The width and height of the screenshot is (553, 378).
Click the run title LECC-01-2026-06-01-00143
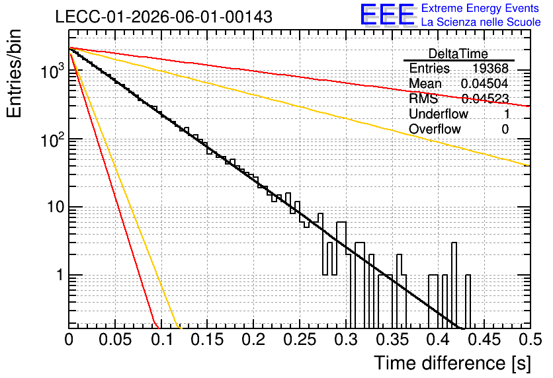pos(163,17)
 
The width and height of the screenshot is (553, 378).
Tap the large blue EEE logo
pos(388,15)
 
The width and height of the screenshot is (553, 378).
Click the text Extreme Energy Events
pos(480,8)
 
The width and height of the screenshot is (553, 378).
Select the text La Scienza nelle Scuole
pos(481,22)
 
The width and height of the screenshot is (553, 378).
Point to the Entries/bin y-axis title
pos(14,73)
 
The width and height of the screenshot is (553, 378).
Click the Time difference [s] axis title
pos(452,363)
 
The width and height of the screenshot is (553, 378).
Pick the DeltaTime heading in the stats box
pos(458,54)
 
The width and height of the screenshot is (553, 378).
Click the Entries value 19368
pos(490,68)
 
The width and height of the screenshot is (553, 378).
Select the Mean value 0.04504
pos(485,83)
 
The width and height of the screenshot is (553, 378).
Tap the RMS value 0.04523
pos(485,98)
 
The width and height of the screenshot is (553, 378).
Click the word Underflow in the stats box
pos(439,114)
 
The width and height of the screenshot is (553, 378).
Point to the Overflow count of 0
pos(505,129)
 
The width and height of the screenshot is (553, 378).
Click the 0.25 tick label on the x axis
pos(300,340)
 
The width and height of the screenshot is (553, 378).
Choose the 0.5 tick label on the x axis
pos(530,340)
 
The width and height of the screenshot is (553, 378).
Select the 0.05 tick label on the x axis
pos(115,340)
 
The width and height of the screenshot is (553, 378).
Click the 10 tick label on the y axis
pos(56,207)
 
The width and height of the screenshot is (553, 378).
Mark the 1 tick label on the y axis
pos(60,275)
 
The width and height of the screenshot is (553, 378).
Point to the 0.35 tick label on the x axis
pos(392,340)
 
